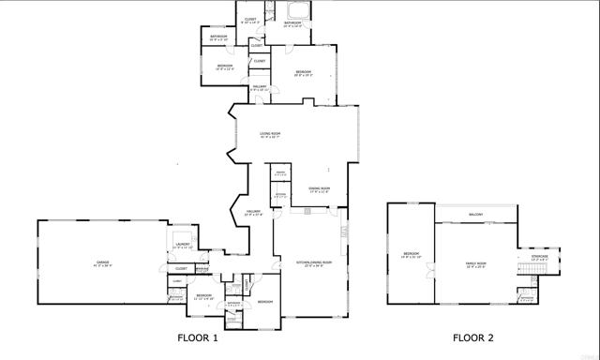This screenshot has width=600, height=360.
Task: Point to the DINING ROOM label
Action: [320, 188]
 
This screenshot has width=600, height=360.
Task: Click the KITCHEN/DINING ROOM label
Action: [310, 263]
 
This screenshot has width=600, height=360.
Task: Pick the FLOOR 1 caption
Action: [198, 337]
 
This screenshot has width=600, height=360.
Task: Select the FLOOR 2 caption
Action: [473, 337]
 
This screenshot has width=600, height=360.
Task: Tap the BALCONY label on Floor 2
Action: [476, 215]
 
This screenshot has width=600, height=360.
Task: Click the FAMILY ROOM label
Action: [477, 264]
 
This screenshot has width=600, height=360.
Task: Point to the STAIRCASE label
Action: [540, 256]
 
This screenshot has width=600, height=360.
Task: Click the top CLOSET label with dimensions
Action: [250, 20]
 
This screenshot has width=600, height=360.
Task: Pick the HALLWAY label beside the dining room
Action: [254, 212]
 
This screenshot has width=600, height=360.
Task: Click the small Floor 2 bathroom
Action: [528, 299]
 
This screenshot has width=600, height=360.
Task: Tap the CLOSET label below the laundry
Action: [181, 269]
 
